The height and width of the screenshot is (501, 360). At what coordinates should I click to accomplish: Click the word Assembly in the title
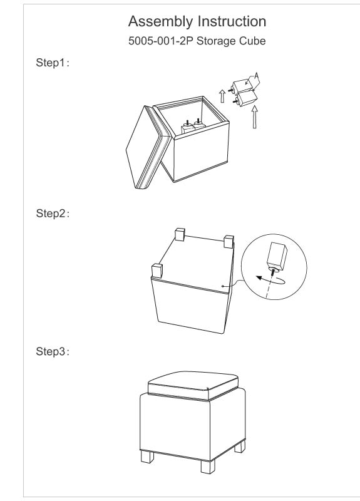160,23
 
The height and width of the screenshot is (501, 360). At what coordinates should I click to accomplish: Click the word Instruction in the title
232,21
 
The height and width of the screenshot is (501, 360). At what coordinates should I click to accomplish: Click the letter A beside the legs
256,76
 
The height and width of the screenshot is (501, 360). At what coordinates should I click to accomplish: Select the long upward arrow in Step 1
254,117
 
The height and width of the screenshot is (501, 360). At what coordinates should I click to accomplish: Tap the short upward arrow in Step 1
222,96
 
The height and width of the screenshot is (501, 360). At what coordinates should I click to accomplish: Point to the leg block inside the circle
277,256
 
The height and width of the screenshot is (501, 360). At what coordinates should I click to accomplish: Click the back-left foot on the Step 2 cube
180,234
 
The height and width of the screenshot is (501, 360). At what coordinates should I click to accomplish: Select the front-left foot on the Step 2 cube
157,271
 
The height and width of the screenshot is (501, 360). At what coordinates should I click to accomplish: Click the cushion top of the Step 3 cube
193,385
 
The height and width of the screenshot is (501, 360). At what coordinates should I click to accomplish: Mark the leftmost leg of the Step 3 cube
147,457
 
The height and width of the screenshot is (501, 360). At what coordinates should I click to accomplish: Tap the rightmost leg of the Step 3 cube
240,447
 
